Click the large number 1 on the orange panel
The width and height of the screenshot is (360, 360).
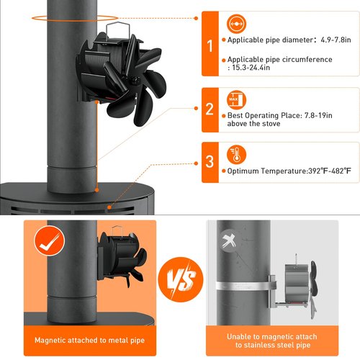(210, 47)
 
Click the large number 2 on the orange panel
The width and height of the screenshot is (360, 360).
(210, 109)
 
